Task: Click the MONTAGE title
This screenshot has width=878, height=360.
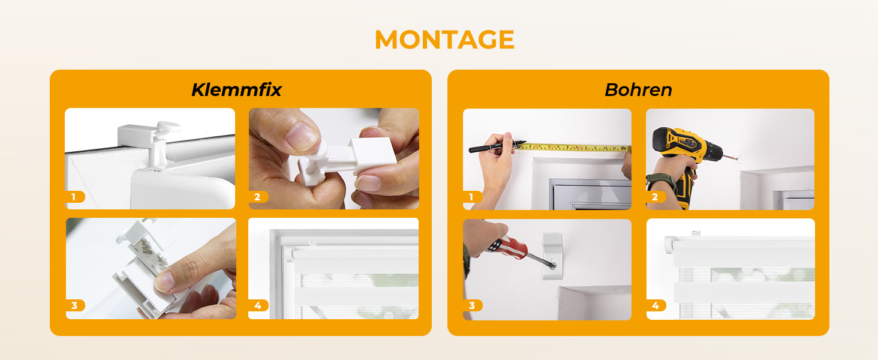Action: (x=444, y=40)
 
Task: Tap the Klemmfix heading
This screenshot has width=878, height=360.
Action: (x=236, y=90)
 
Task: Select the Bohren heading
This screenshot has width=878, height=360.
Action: (x=638, y=90)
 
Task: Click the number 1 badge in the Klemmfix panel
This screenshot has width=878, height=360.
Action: (x=75, y=197)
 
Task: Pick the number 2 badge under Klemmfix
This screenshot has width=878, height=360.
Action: (x=258, y=197)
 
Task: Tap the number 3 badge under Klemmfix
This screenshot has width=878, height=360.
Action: (x=75, y=305)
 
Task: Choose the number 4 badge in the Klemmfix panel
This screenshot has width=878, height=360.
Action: (x=258, y=305)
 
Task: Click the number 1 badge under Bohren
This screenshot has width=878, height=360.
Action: (x=473, y=197)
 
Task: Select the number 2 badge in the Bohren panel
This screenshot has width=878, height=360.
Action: (x=656, y=197)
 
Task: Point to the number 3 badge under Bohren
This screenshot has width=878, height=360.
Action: (x=473, y=305)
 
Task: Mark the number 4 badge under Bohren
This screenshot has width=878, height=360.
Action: (x=656, y=305)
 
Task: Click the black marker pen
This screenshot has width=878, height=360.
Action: (x=497, y=146)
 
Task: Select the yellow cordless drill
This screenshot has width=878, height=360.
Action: (x=687, y=157)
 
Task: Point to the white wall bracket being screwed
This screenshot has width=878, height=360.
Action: (x=552, y=256)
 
